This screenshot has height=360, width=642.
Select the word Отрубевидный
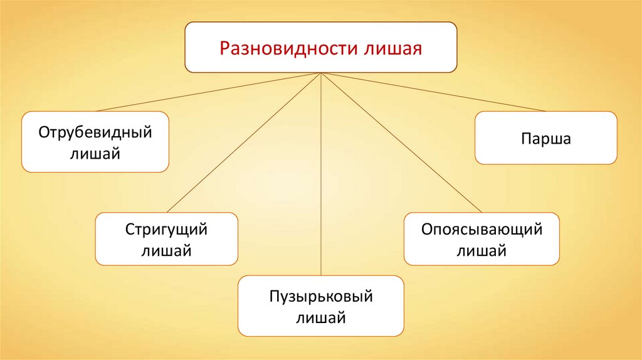click(x=95, y=133)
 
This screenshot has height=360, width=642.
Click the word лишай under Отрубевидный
click(x=95, y=153)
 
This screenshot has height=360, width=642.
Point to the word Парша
click(x=545, y=138)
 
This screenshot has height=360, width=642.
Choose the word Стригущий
click(x=166, y=230)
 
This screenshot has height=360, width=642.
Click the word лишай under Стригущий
click(x=166, y=251)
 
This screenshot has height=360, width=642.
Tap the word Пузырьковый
click(x=320, y=296)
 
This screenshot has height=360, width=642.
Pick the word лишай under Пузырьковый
click(x=320, y=317)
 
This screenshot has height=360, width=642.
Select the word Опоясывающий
click(x=481, y=230)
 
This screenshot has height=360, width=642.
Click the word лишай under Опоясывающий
click(x=481, y=251)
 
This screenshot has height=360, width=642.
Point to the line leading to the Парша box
click(x=433, y=92)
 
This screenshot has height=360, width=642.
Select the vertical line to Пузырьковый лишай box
click(x=321, y=176)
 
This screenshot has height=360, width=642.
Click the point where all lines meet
click(x=321, y=73)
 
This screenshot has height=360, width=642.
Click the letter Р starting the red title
click(x=223, y=48)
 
